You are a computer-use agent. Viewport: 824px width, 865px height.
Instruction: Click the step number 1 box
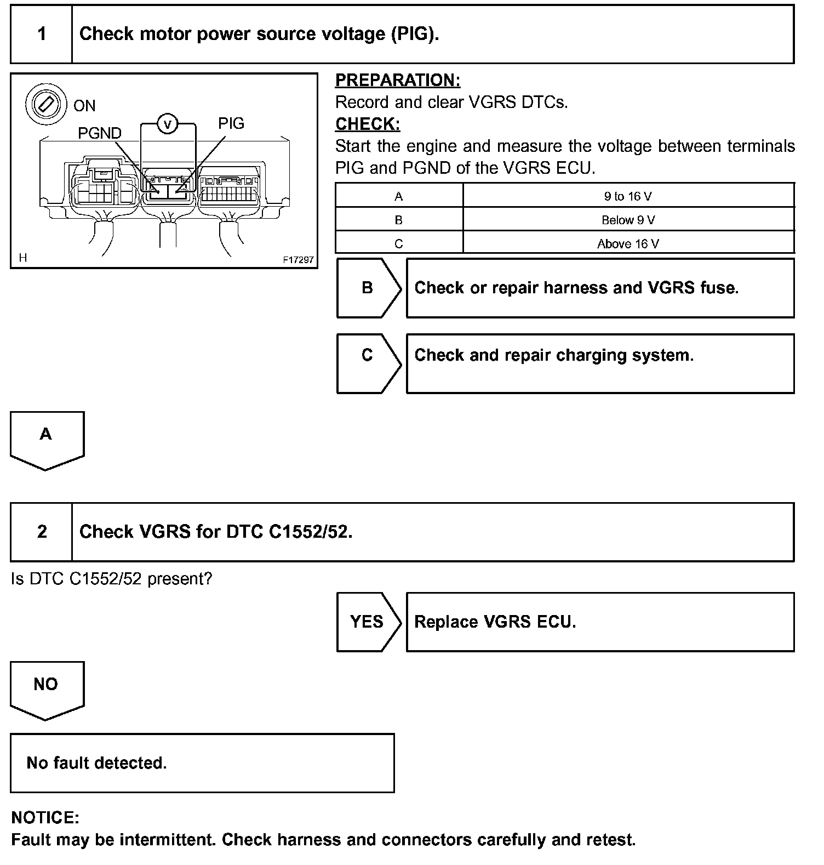[x=42, y=34]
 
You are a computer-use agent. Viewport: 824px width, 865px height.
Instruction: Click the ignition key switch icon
[x=43, y=104]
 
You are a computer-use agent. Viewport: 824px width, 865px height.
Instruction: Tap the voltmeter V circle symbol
[x=168, y=125]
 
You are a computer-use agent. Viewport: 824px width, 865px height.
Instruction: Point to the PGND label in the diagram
[x=99, y=133]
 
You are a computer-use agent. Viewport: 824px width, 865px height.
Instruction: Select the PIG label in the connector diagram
[x=231, y=123]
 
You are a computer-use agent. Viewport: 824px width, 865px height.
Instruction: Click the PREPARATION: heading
[x=398, y=80]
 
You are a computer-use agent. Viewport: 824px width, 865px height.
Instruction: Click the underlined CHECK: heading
[x=368, y=124]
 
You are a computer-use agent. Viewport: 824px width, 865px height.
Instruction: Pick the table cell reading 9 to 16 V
[x=628, y=196]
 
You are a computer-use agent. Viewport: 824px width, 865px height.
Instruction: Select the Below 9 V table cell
[x=628, y=220]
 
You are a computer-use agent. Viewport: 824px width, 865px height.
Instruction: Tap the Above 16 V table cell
[x=628, y=244]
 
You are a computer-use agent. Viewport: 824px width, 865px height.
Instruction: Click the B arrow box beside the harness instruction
[x=368, y=288]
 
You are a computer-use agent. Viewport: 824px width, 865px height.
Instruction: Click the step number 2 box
[x=42, y=532]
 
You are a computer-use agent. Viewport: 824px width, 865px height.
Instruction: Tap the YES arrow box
[x=367, y=622]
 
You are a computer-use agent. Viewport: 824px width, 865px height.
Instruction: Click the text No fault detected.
[x=96, y=762]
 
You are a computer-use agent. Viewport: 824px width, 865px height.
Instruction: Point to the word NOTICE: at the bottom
[x=45, y=817]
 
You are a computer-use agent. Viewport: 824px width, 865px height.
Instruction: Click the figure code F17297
[x=298, y=260]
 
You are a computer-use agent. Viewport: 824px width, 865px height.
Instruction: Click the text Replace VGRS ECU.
[x=495, y=622]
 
